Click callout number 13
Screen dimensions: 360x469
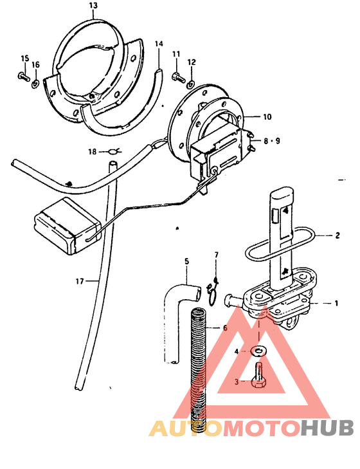click(93, 6)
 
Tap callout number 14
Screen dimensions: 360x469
click(159, 44)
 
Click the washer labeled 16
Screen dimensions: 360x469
click(35, 84)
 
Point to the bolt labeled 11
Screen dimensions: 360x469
click(178, 77)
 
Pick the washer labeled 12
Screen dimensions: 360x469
click(190, 84)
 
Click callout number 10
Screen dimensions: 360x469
click(267, 116)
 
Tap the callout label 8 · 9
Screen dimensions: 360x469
click(272, 141)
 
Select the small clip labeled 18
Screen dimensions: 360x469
click(114, 152)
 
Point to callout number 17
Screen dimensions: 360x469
click(80, 281)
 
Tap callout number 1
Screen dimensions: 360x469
click(336, 303)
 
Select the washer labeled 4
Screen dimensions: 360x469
click(259, 351)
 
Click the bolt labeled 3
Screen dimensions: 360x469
click(258, 375)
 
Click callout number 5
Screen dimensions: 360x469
click(187, 261)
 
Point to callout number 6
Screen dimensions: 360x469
click(225, 328)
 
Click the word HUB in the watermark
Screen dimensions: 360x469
click(327, 428)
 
